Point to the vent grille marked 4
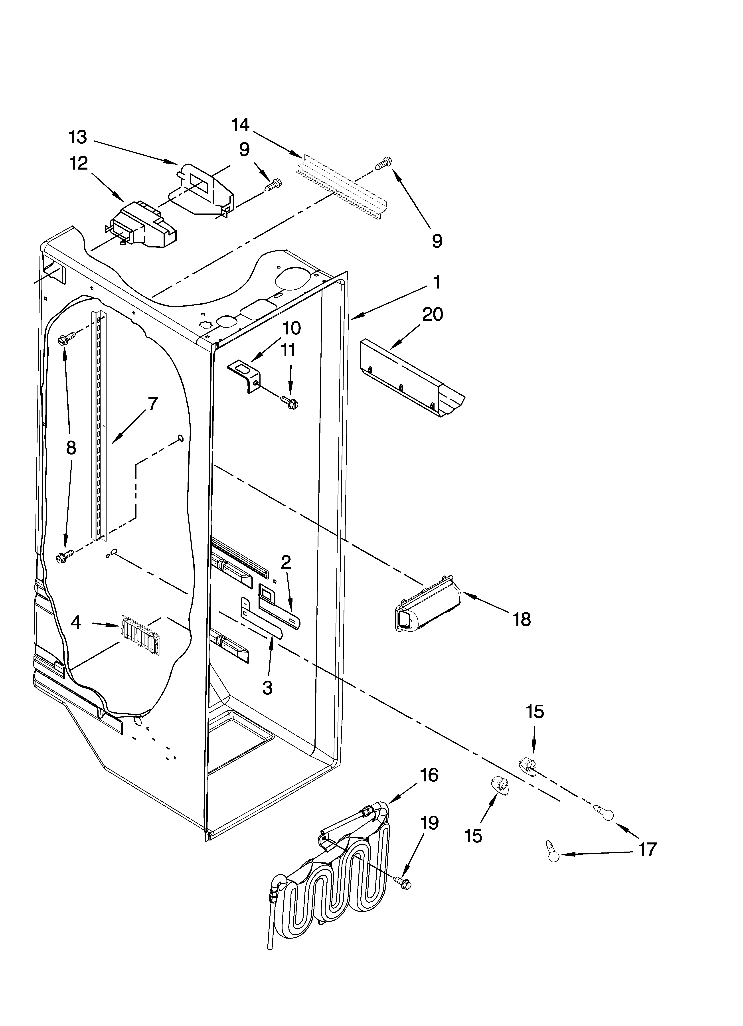[140, 635]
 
